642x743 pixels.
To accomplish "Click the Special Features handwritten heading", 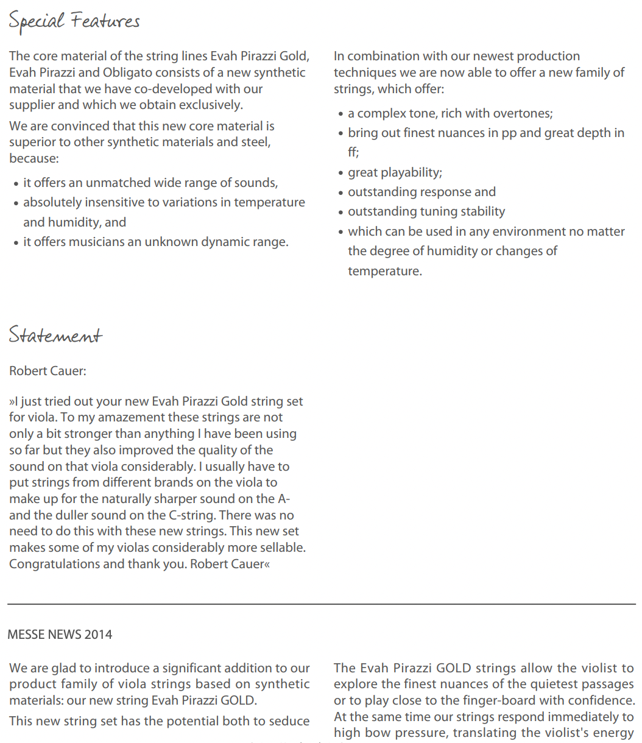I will (x=74, y=21).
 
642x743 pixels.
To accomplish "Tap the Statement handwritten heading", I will (x=55, y=336).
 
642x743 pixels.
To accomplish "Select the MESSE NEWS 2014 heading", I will (x=60, y=635).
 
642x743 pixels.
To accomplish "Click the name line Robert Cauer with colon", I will (x=48, y=371).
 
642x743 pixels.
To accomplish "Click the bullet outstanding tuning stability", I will (x=426, y=211).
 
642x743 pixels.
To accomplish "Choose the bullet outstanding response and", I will (x=422, y=192).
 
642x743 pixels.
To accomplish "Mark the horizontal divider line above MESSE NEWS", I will (x=321, y=604).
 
